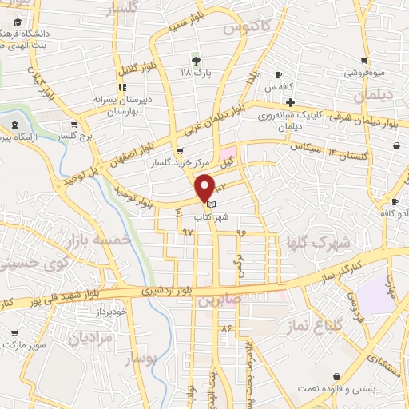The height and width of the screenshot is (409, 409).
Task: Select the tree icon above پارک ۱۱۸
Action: [195, 59]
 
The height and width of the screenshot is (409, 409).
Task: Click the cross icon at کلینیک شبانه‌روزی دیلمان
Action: [290, 102]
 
